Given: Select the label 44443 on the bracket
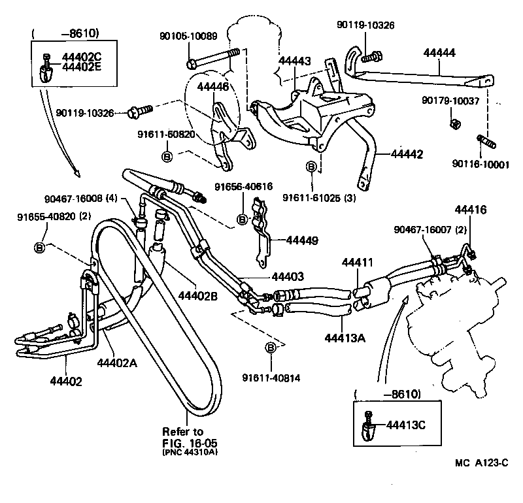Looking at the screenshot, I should click(x=294, y=61).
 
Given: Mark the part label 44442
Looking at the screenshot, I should click(x=407, y=155).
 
